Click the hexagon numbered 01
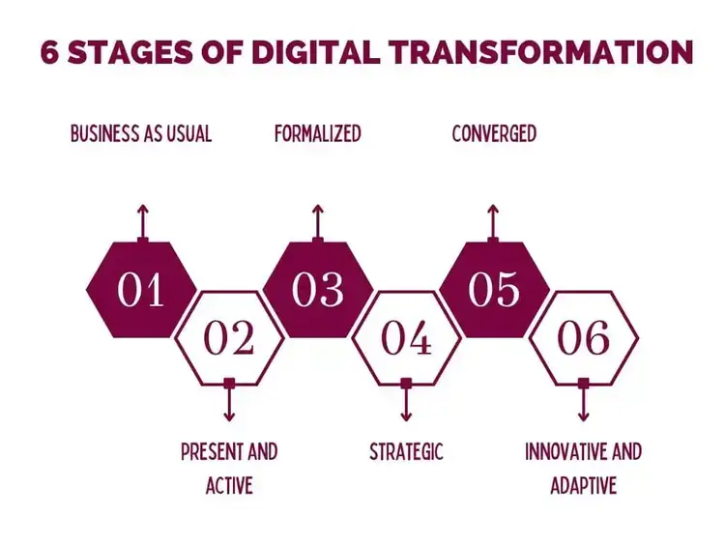point(141,290)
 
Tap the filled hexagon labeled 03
point(318,290)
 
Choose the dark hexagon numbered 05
point(494,290)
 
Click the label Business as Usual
point(141,133)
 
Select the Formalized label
point(318,133)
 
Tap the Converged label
point(494,133)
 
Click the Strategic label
point(406,451)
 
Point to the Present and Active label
point(229,469)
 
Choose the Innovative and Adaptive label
point(583,469)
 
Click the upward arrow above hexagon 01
point(143,223)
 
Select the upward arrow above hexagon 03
point(317,223)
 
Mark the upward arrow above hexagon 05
point(493,223)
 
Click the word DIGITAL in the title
point(316,52)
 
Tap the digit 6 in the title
point(49,52)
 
